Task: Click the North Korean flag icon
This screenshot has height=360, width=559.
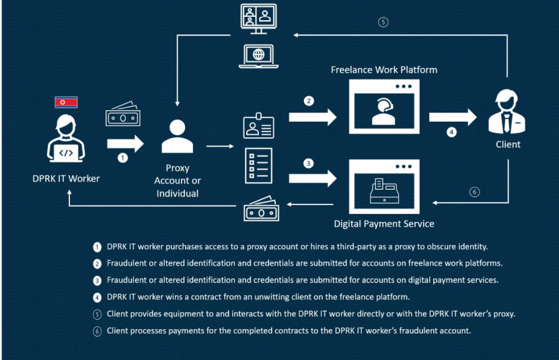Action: click(x=66, y=102)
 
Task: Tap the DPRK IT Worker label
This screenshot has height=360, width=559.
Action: click(x=66, y=178)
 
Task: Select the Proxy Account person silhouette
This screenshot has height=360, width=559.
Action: click(x=178, y=136)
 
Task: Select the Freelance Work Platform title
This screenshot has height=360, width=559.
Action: click(x=383, y=69)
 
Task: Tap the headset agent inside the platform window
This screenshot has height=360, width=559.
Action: click(x=383, y=110)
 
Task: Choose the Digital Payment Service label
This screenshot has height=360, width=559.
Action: click(x=384, y=223)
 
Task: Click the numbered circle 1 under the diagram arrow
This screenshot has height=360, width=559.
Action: click(x=122, y=159)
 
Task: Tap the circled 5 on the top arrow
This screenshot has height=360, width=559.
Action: click(x=383, y=22)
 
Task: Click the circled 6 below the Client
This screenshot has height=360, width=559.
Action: click(x=474, y=192)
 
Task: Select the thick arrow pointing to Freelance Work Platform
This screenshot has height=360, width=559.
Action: click(x=312, y=118)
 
